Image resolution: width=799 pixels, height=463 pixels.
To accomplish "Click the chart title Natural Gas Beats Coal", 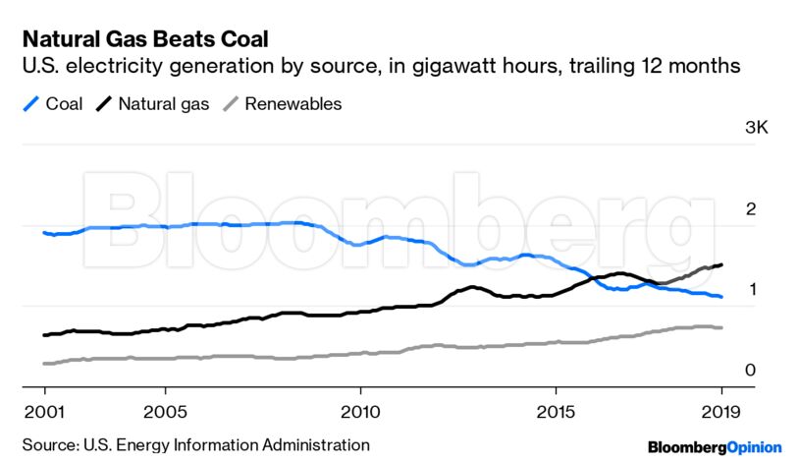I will tap(144, 38).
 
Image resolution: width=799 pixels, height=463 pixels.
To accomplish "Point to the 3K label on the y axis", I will tap(757, 128).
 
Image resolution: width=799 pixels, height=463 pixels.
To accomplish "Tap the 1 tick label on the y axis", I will tap(751, 289).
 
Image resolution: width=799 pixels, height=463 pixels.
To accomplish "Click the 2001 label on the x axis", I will tap(43, 410).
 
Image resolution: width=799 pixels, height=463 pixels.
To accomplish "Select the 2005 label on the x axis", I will tap(165, 410).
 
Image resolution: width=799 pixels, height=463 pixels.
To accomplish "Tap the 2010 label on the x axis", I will tap(359, 410).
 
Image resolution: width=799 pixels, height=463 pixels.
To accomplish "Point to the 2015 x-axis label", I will tap(557, 410).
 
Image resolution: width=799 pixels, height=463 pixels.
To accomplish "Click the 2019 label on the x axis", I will tap(720, 410).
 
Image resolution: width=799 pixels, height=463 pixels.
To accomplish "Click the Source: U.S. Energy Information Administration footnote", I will tap(196, 444).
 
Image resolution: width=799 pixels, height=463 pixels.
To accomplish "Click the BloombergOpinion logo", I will tap(715, 446).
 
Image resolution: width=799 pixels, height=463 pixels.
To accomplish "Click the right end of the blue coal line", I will tap(721, 297).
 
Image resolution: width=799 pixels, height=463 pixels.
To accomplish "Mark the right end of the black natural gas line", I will tap(722, 264).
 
